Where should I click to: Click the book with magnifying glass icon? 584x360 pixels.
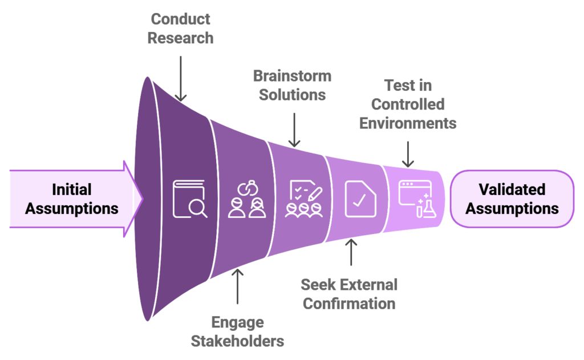(x=190, y=199)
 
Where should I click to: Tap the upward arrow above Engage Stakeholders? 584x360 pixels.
(x=237, y=286)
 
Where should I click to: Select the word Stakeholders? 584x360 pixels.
(x=237, y=341)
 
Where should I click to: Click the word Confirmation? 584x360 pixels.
(x=349, y=303)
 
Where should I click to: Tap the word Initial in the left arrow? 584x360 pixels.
(x=72, y=189)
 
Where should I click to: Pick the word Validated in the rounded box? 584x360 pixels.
(x=512, y=189)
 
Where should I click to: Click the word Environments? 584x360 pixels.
(x=408, y=123)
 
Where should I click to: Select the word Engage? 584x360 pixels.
(x=237, y=322)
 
